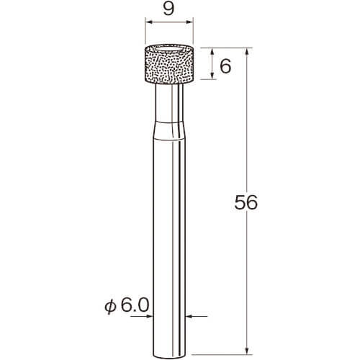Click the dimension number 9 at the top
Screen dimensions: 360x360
(x=168, y=10)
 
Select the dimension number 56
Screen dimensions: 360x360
(x=246, y=202)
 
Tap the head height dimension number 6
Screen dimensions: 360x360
(x=225, y=66)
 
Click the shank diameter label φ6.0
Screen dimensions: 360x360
(x=127, y=305)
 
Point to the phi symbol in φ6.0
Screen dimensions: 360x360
(x=110, y=307)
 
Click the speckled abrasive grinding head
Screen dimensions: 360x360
(x=168, y=65)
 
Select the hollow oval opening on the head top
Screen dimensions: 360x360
(x=168, y=50)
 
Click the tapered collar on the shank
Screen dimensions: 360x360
(x=169, y=130)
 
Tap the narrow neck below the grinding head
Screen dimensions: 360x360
(x=169, y=102)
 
